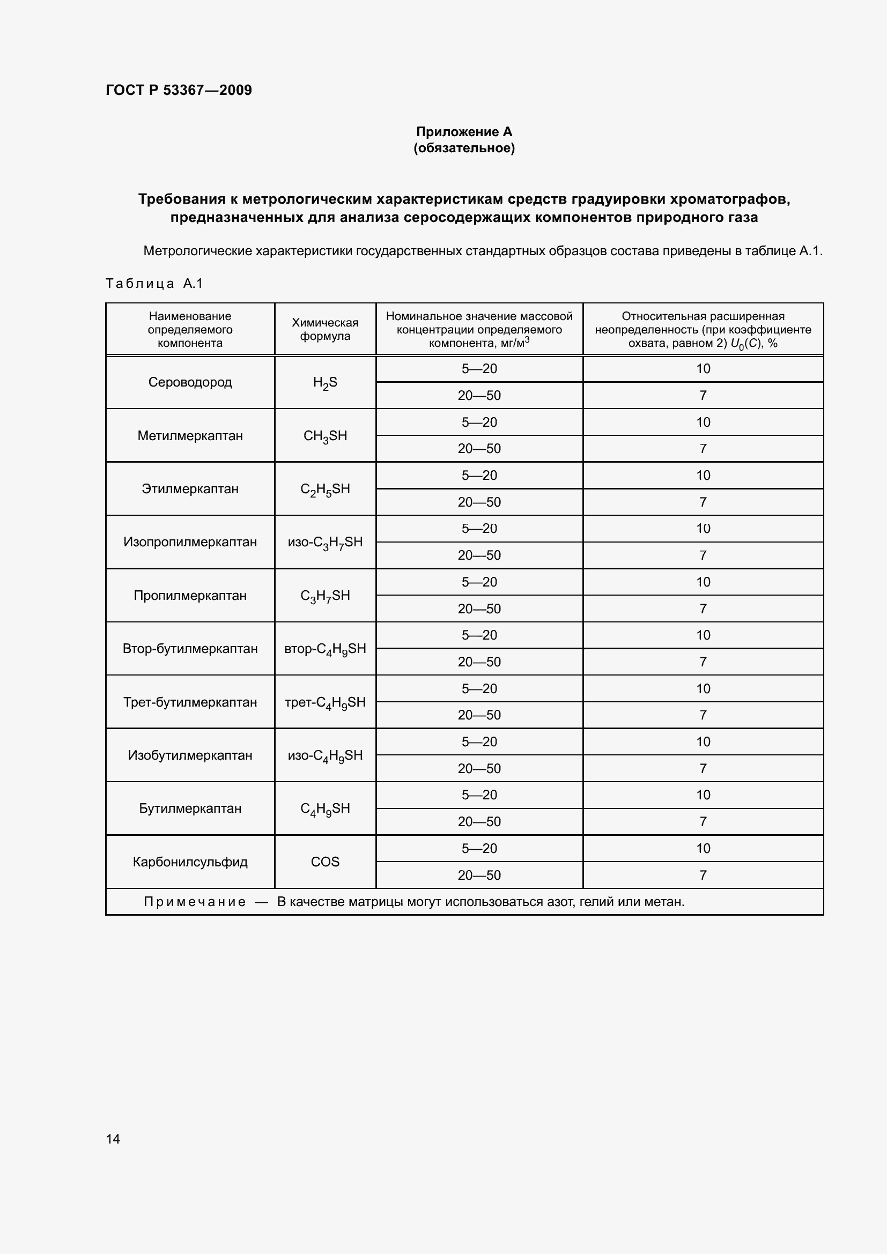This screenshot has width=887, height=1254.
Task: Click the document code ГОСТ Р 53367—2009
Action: (179, 90)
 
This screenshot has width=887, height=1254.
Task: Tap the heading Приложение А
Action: (464, 132)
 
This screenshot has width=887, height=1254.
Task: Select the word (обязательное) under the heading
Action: (464, 148)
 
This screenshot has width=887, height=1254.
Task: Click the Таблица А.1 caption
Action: (154, 284)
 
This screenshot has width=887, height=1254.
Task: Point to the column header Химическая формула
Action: (325, 329)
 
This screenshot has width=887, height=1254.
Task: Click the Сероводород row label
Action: (190, 382)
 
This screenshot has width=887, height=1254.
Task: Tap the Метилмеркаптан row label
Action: (190, 436)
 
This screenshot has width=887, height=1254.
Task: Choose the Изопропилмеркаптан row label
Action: (190, 543)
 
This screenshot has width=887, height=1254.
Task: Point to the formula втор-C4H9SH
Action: (325, 649)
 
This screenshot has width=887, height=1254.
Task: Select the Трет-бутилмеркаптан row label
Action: (190, 702)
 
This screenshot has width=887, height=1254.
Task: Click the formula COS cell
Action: (325, 862)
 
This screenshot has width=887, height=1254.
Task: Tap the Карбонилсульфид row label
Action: (190, 862)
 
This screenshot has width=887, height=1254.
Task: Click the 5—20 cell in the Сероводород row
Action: (479, 369)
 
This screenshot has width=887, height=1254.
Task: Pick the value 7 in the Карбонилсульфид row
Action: (703, 875)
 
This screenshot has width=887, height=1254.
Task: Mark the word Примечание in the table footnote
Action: (195, 902)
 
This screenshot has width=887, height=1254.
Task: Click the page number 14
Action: (113, 1139)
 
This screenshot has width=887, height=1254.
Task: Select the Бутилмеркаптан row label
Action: (190, 809)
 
